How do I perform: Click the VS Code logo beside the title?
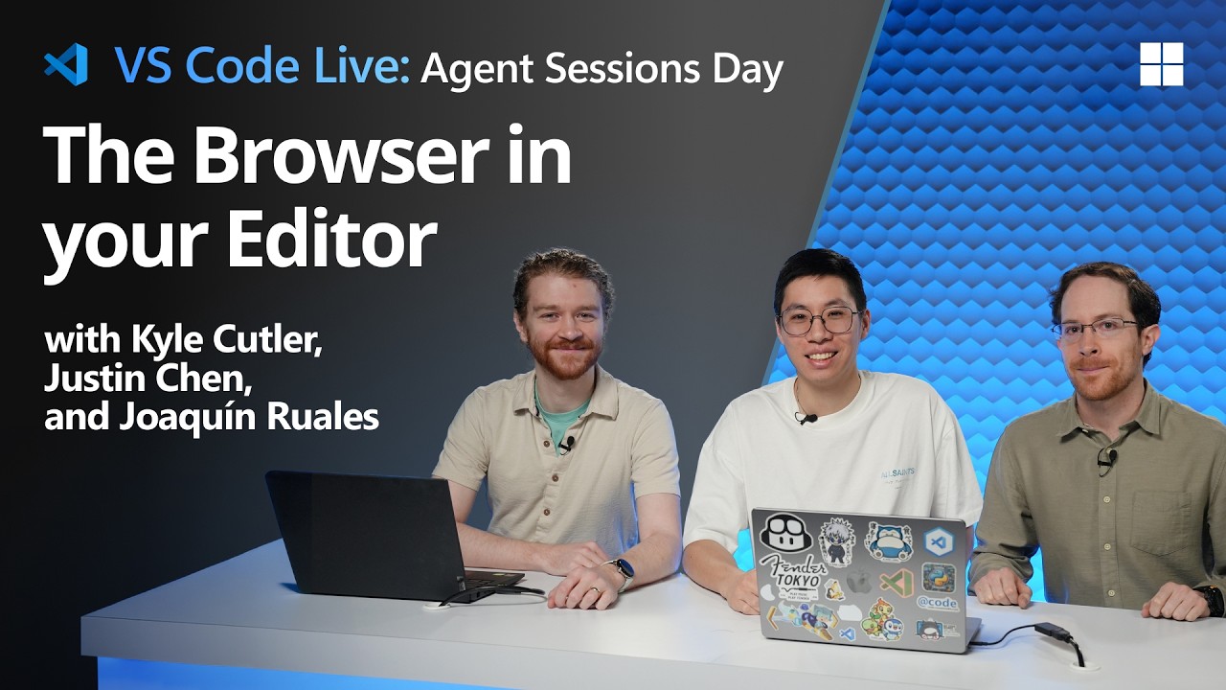66,65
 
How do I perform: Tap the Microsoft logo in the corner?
1161,64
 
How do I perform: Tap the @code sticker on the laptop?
937,603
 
